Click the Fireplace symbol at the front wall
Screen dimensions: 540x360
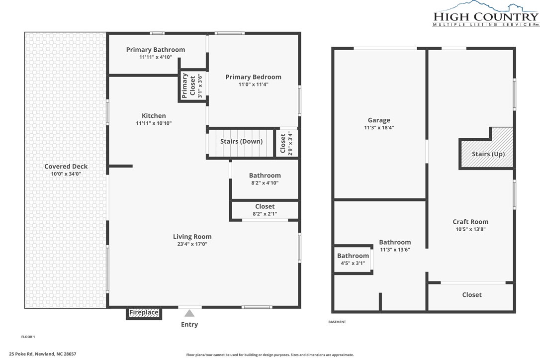pos(144,313)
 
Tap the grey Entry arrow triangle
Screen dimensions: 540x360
pos(189,313)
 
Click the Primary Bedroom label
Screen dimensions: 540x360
pos(253,77)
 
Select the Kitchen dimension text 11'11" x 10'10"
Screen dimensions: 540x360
pos(154,123)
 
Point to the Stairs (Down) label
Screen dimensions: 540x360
pos(242,141)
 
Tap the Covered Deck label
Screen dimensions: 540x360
pos(66,167)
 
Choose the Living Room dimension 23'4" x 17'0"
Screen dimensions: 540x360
pos(192,244)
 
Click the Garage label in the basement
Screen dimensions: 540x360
pos(379,120)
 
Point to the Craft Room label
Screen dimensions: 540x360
pos(470,221)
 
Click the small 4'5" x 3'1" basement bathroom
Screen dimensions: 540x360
pos(353,259)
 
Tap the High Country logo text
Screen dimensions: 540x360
pos(486,16)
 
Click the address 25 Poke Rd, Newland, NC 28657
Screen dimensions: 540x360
pos(43,354)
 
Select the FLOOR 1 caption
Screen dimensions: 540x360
pos(28,337)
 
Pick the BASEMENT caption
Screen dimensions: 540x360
pos(337,322)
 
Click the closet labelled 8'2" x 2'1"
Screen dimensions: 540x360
pos(265,210)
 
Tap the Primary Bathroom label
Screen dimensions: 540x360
pos(155,50)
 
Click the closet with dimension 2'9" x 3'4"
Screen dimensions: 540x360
pos(286,143)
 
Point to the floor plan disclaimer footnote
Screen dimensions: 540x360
pos(270,355)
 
